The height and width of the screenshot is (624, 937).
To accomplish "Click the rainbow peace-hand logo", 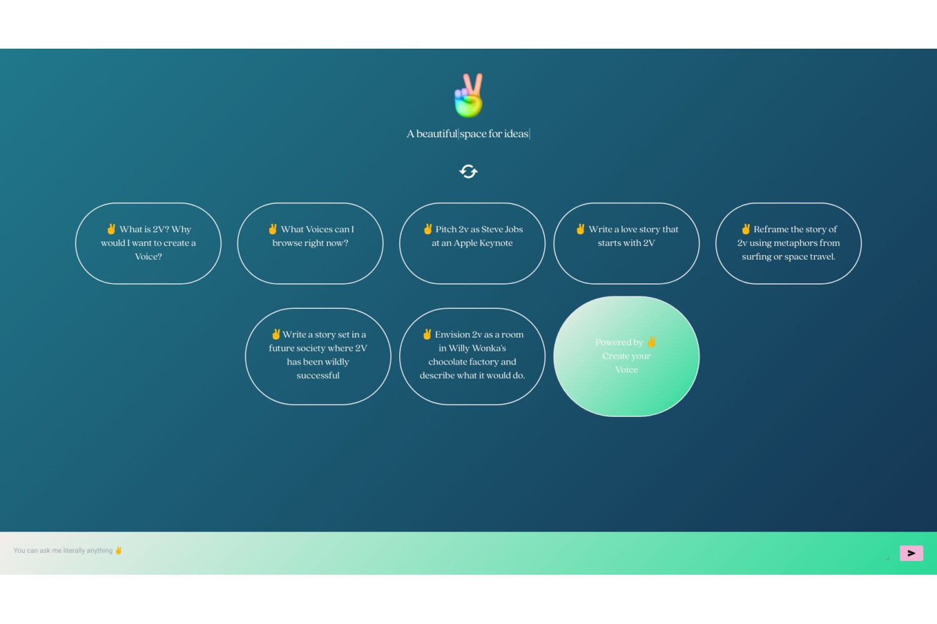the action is coord(469,95).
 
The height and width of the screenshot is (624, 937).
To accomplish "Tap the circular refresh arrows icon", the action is coord(468,172).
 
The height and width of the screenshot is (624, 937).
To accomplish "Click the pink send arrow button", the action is coord(911,553).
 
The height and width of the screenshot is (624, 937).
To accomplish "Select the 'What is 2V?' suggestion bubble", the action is coord(148,243).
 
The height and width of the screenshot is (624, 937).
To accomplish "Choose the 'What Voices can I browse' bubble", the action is coord(310,243).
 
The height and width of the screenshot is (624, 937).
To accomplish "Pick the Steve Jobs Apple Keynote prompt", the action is coord(472,243).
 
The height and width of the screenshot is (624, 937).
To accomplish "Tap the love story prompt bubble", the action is coord(626,243).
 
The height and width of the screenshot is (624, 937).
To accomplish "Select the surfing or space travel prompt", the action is coord(788,243).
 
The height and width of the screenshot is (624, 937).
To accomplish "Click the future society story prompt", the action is coord(318,356).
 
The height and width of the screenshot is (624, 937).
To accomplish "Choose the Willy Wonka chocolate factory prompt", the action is coord(472,356).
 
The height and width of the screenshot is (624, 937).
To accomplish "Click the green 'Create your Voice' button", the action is coord(626,356).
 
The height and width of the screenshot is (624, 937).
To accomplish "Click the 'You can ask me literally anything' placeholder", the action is coord(62,550).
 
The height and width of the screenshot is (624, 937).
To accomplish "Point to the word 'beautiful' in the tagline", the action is coord(437,134).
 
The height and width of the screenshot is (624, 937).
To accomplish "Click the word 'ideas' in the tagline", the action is coord(516,134).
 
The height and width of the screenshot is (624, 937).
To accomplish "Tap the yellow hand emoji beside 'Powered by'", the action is coord(652,342).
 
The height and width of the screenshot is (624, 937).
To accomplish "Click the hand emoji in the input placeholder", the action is coord(119,550).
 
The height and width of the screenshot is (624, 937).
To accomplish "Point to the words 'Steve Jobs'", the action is coord(502,229).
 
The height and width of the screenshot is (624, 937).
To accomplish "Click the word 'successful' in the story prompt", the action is coord(318,375).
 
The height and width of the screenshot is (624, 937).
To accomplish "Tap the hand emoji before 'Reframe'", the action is coord(745,228).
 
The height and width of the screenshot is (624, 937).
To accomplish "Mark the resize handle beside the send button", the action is coord(888,559).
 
